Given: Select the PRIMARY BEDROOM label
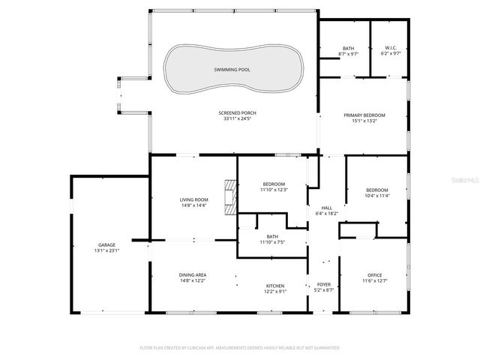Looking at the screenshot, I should click(x=364, y=115).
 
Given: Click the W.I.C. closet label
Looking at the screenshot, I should click(x=390, y=48).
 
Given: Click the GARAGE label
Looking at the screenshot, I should click(x=106, y=244).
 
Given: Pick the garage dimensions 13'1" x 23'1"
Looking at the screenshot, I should click(x=106, y=250).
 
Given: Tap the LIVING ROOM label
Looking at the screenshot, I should click(x=193, y=199).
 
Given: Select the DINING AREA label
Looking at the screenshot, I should click(x=193, y=274).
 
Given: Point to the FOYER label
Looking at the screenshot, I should click(x=324, y=285).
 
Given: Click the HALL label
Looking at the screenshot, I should click(x=327, y=208).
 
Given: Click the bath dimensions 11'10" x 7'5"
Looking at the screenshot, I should click(x=272, y=242).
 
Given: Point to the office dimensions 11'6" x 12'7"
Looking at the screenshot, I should click(x=376, y=280).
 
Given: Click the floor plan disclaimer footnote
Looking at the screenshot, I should click(x=240, y=348).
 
